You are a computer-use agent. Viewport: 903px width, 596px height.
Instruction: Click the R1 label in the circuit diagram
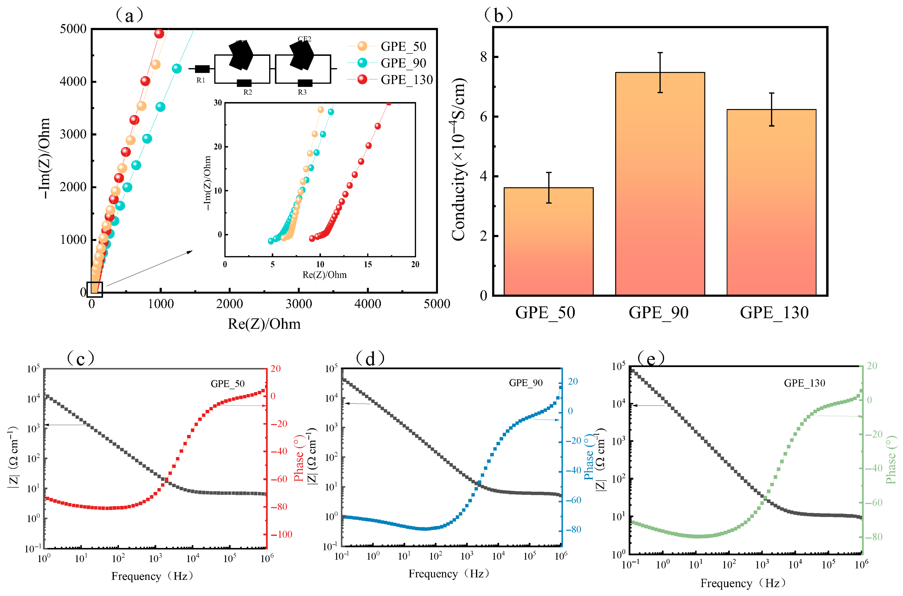click(201, 80)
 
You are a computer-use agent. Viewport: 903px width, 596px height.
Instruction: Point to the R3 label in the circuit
click(302, 92)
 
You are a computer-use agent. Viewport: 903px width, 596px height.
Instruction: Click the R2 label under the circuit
click(248, 92)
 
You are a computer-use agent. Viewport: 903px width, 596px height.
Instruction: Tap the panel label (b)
click(498, 15)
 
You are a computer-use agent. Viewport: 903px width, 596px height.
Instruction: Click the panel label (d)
click(370, 358)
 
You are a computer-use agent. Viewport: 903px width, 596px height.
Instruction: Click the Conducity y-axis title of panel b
click(458, 160)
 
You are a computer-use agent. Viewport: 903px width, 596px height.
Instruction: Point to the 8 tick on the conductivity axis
click(483, 57)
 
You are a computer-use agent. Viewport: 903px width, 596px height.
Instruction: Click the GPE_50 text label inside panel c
click(228, 384)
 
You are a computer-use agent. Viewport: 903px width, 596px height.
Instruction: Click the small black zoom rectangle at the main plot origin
click(95, 289)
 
